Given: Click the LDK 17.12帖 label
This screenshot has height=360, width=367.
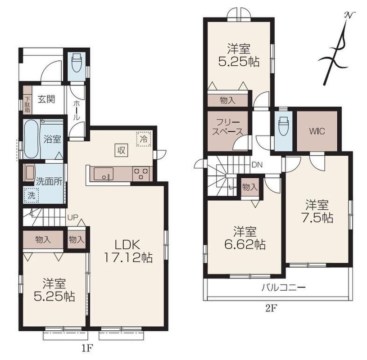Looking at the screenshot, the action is click(x=128, y=251).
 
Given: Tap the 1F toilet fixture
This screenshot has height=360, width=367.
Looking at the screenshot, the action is click(x=77, y=63).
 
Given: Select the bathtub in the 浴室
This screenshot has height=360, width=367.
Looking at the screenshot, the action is click(x=32, y=139).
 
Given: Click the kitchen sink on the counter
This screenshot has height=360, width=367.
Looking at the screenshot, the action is click(x=104, y=174).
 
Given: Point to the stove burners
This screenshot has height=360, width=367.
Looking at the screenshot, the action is click(x=141, y=174).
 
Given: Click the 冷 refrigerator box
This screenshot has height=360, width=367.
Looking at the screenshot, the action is click(x=144, y=139).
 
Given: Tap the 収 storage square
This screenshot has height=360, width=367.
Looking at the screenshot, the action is click(x=121, y=150).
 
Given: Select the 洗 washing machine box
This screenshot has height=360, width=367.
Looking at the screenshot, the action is click(x=31, y=196).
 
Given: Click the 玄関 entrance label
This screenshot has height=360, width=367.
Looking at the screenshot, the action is click(x=46, y=99).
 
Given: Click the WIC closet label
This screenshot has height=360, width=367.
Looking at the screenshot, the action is click(x=317, y=131).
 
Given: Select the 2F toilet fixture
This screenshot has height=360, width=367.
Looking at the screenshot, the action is click(x=283, y=126).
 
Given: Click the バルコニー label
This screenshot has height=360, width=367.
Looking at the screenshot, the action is click(x=283, y=287).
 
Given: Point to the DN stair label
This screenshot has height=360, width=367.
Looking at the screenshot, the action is click(x=257, y=165).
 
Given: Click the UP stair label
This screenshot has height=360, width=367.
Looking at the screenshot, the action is click(x=72, y=217).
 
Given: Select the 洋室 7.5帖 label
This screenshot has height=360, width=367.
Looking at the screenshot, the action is click(x=317, y=211).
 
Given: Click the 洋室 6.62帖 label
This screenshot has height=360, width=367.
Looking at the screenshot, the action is click(x=245, y=238).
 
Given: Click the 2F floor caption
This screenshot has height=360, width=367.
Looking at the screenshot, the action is click(x=271, y=309).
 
